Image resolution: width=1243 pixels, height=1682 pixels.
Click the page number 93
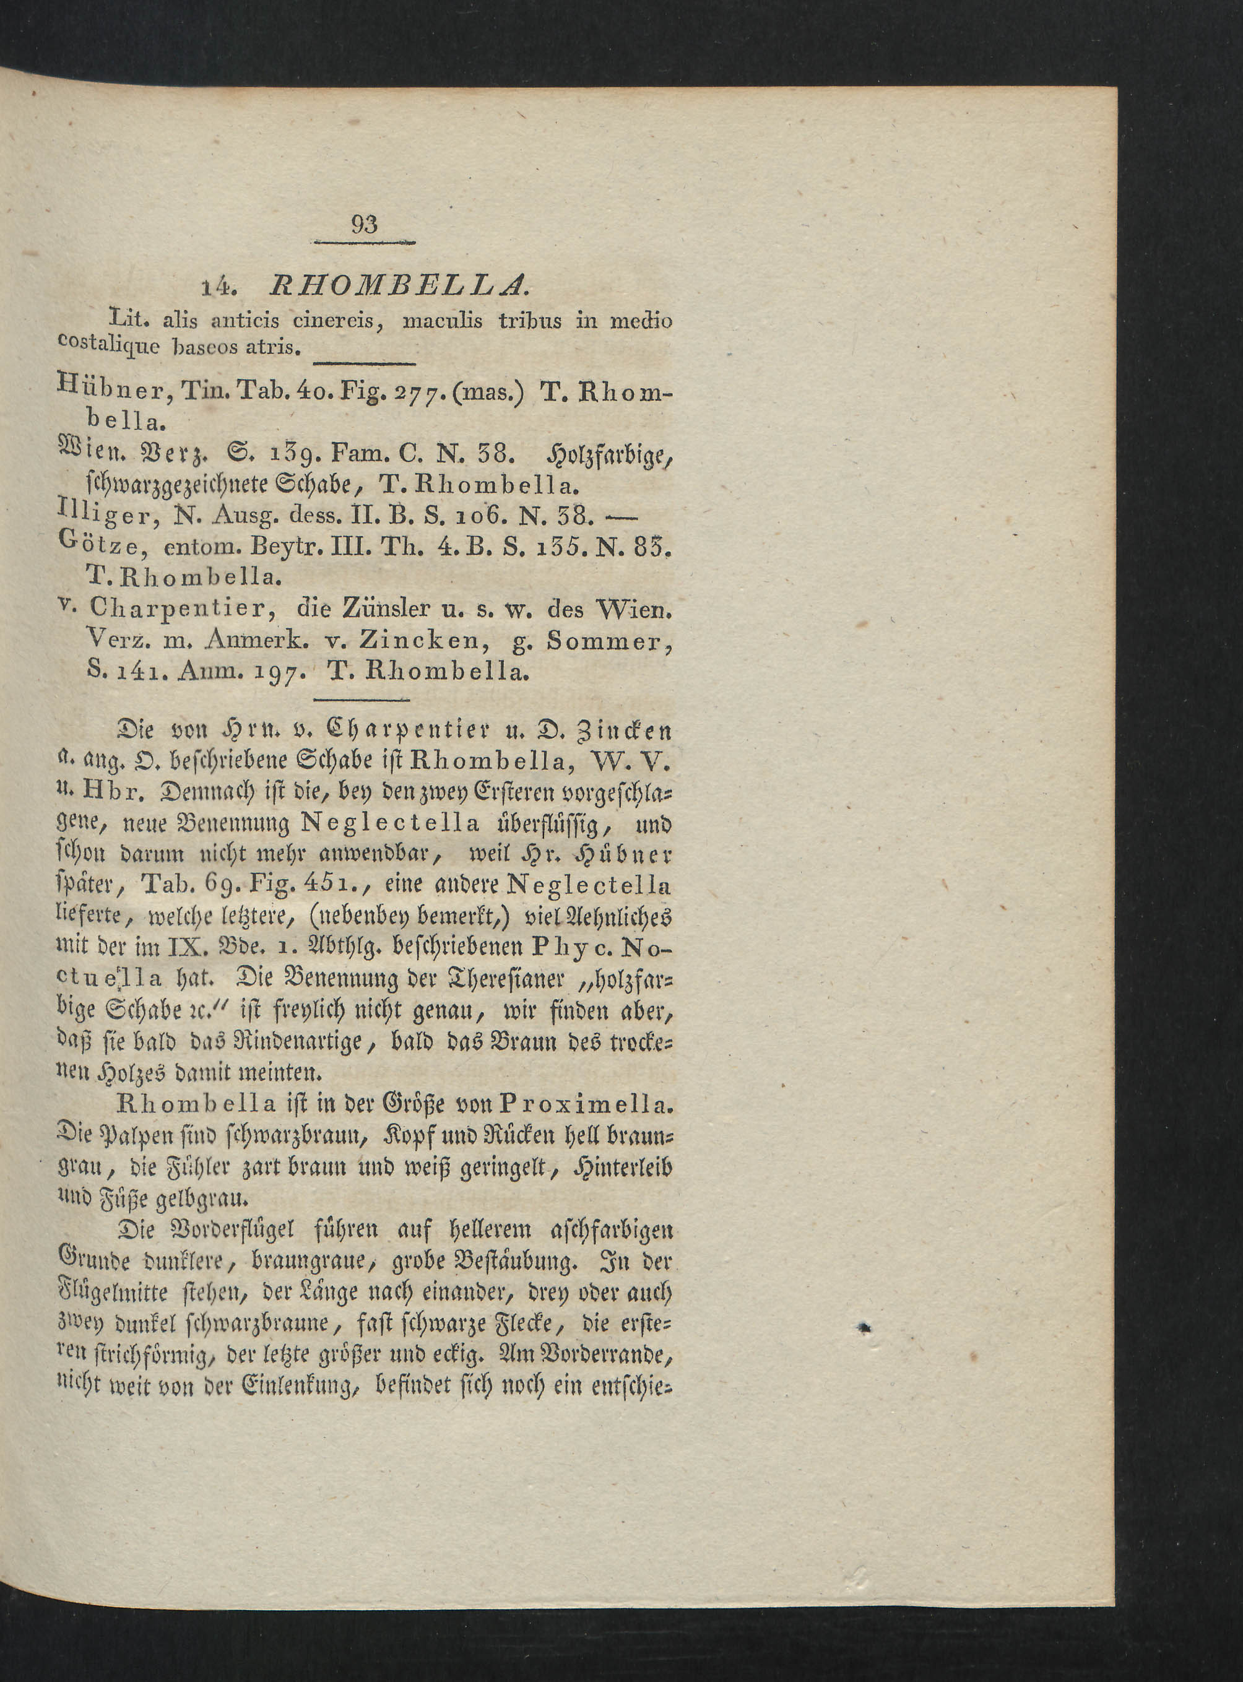coord(363,224)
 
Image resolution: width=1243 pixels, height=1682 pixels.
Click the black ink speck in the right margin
coord(866,1330)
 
